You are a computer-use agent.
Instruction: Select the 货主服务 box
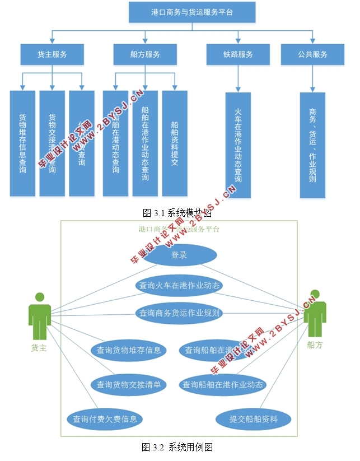coord(52,54)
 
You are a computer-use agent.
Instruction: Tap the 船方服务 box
coord(144,54)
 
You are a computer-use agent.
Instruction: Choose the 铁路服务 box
coord(237,54)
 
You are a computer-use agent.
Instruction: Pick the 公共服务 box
coord(312,54)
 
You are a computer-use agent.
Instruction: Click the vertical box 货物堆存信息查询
coord(22,143)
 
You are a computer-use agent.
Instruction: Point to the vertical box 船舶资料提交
coord(174,143)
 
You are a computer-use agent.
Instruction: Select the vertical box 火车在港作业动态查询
coord(238,145)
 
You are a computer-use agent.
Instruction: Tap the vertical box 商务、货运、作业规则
coord(312,145)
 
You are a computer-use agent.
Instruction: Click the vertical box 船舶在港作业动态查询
coord(145,143)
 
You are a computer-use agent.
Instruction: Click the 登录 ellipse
coord(179,255)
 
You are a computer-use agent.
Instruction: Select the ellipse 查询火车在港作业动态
coord(179,285)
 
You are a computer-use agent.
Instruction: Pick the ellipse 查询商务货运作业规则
coord(179,313)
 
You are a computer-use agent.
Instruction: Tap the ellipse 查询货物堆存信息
coord(129,350)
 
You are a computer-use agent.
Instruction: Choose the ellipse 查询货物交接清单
coord(129,384)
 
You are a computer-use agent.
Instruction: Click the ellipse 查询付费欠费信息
coord(105,418)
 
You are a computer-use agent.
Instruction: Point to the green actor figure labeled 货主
coord(40,316)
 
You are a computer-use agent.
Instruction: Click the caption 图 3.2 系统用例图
coord(177,447)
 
